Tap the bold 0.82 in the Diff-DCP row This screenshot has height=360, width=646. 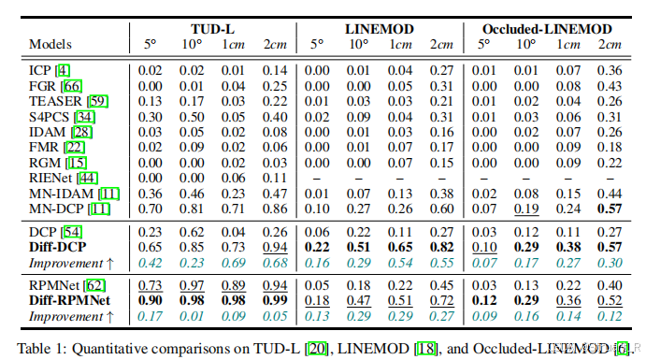(x=439, y=246)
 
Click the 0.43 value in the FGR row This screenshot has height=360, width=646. (x=610, y=86)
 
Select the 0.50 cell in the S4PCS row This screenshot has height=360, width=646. (x=191, y=116)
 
